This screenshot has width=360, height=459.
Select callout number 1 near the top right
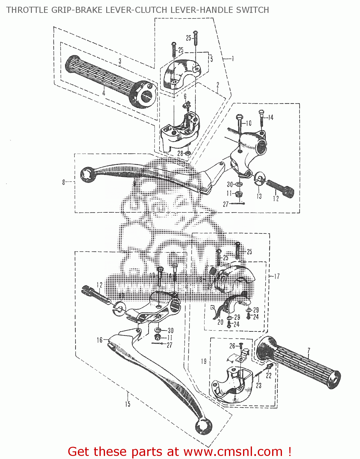click(x=233, y=58)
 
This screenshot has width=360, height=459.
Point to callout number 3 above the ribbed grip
click(x=120, y=61)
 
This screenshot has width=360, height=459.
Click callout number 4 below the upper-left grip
click(x=104, y=93)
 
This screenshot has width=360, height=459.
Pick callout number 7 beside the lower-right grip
click(x=309, y=351)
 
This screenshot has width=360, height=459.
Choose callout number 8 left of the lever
click(x=64, y=182)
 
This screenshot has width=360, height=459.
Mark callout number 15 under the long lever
click(x=128, y=404)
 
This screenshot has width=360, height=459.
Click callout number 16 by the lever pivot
click(x=99, y=340)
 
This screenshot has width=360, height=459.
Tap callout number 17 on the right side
click(x=277, y=276)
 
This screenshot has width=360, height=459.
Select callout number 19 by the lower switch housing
click(x=204, y=361)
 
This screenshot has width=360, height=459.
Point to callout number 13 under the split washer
click(x=259, y=196)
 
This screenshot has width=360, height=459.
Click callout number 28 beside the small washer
click(x=180, y=153)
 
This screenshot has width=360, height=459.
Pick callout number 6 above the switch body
click(x=185, y=97)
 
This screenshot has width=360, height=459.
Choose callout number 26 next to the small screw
click(x=232, y=346)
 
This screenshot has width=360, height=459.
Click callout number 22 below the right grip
click(x=268, y=375)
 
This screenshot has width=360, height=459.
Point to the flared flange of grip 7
click(x=264, y=349)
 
